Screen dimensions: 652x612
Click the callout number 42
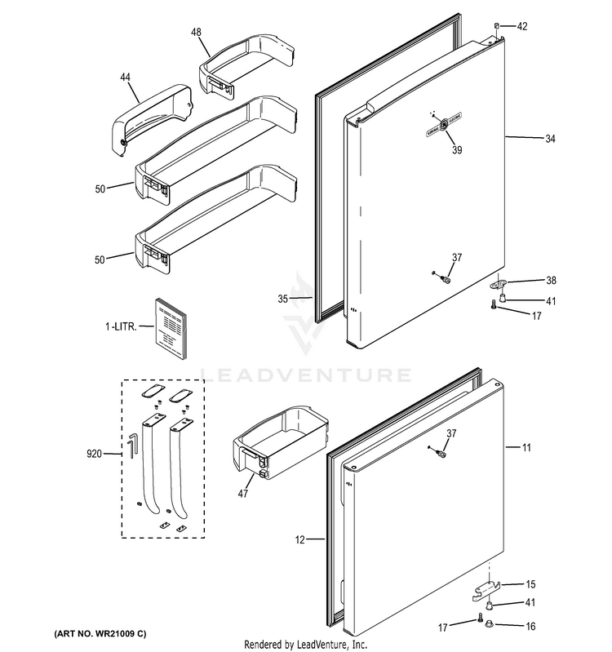522,27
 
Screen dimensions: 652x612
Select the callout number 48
196,32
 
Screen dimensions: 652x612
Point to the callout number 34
550,140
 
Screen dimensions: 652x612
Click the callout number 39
446,149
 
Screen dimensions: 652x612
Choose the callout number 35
282,299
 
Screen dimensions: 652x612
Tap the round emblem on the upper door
443,124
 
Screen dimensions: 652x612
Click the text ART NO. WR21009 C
101,634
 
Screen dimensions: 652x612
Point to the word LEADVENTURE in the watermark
306,376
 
